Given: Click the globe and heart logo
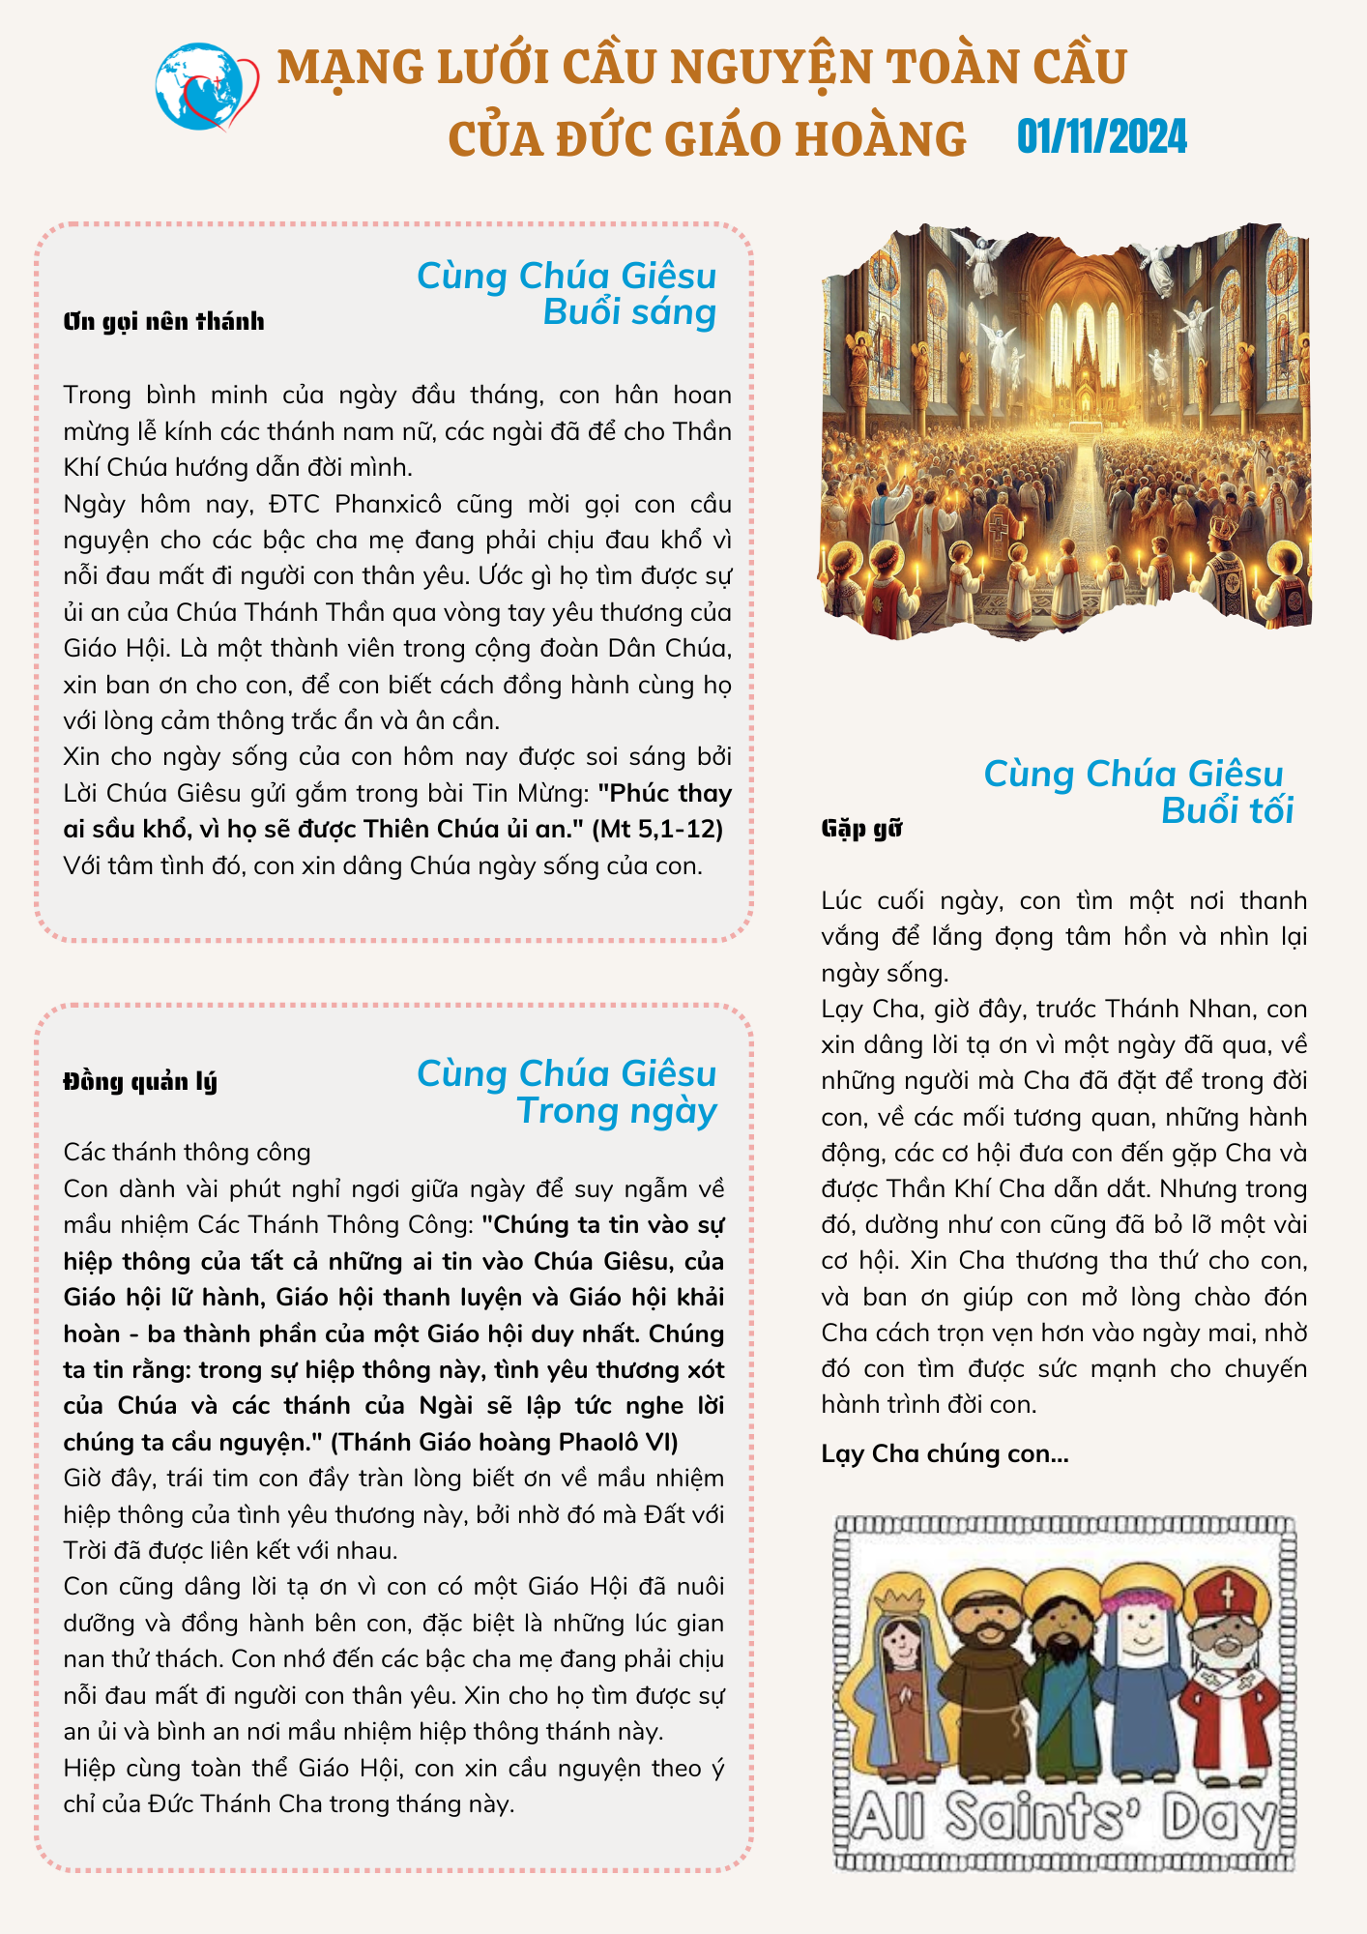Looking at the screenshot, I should click(x=206, y=87).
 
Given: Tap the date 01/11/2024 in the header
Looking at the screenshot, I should click(x=1101, y=137).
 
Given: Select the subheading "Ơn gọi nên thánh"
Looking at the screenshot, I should click(x=163, y=321).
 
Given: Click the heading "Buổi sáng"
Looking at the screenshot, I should click(x=629, y=312).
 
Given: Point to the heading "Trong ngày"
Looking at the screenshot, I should click(x=617, y=1111).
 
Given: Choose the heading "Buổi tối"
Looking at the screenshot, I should click(x=1227, y=810).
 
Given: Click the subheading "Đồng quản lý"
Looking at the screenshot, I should click(x=140, y=1081).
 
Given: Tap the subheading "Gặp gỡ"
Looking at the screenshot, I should click(x=861, y=828).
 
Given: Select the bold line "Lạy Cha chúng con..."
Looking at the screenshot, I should click(x=945, y=1453).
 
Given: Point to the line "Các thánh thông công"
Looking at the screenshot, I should click(x=187, y=1152).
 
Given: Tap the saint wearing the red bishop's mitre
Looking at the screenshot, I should click(x=1227, y=1678).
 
